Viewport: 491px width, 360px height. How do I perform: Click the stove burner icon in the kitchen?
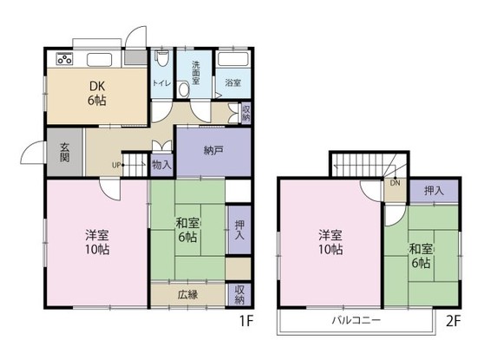pyautogui.click(x=63, y=60)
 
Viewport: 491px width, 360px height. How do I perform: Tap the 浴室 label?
pyautogui.click(x=232, y=83)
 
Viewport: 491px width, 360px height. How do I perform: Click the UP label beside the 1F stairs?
pyautogui.click(x=116, y=164)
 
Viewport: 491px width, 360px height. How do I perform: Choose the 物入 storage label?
pyautogui.click(x=160, y=164)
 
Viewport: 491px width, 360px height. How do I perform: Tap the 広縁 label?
pyautogui.click(x=188, y=294)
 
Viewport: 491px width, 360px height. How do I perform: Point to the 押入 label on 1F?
pyautogui.click(x=239, y=229)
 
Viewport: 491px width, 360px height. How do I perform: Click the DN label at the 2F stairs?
pyautogui.click(x=395, y=183)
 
